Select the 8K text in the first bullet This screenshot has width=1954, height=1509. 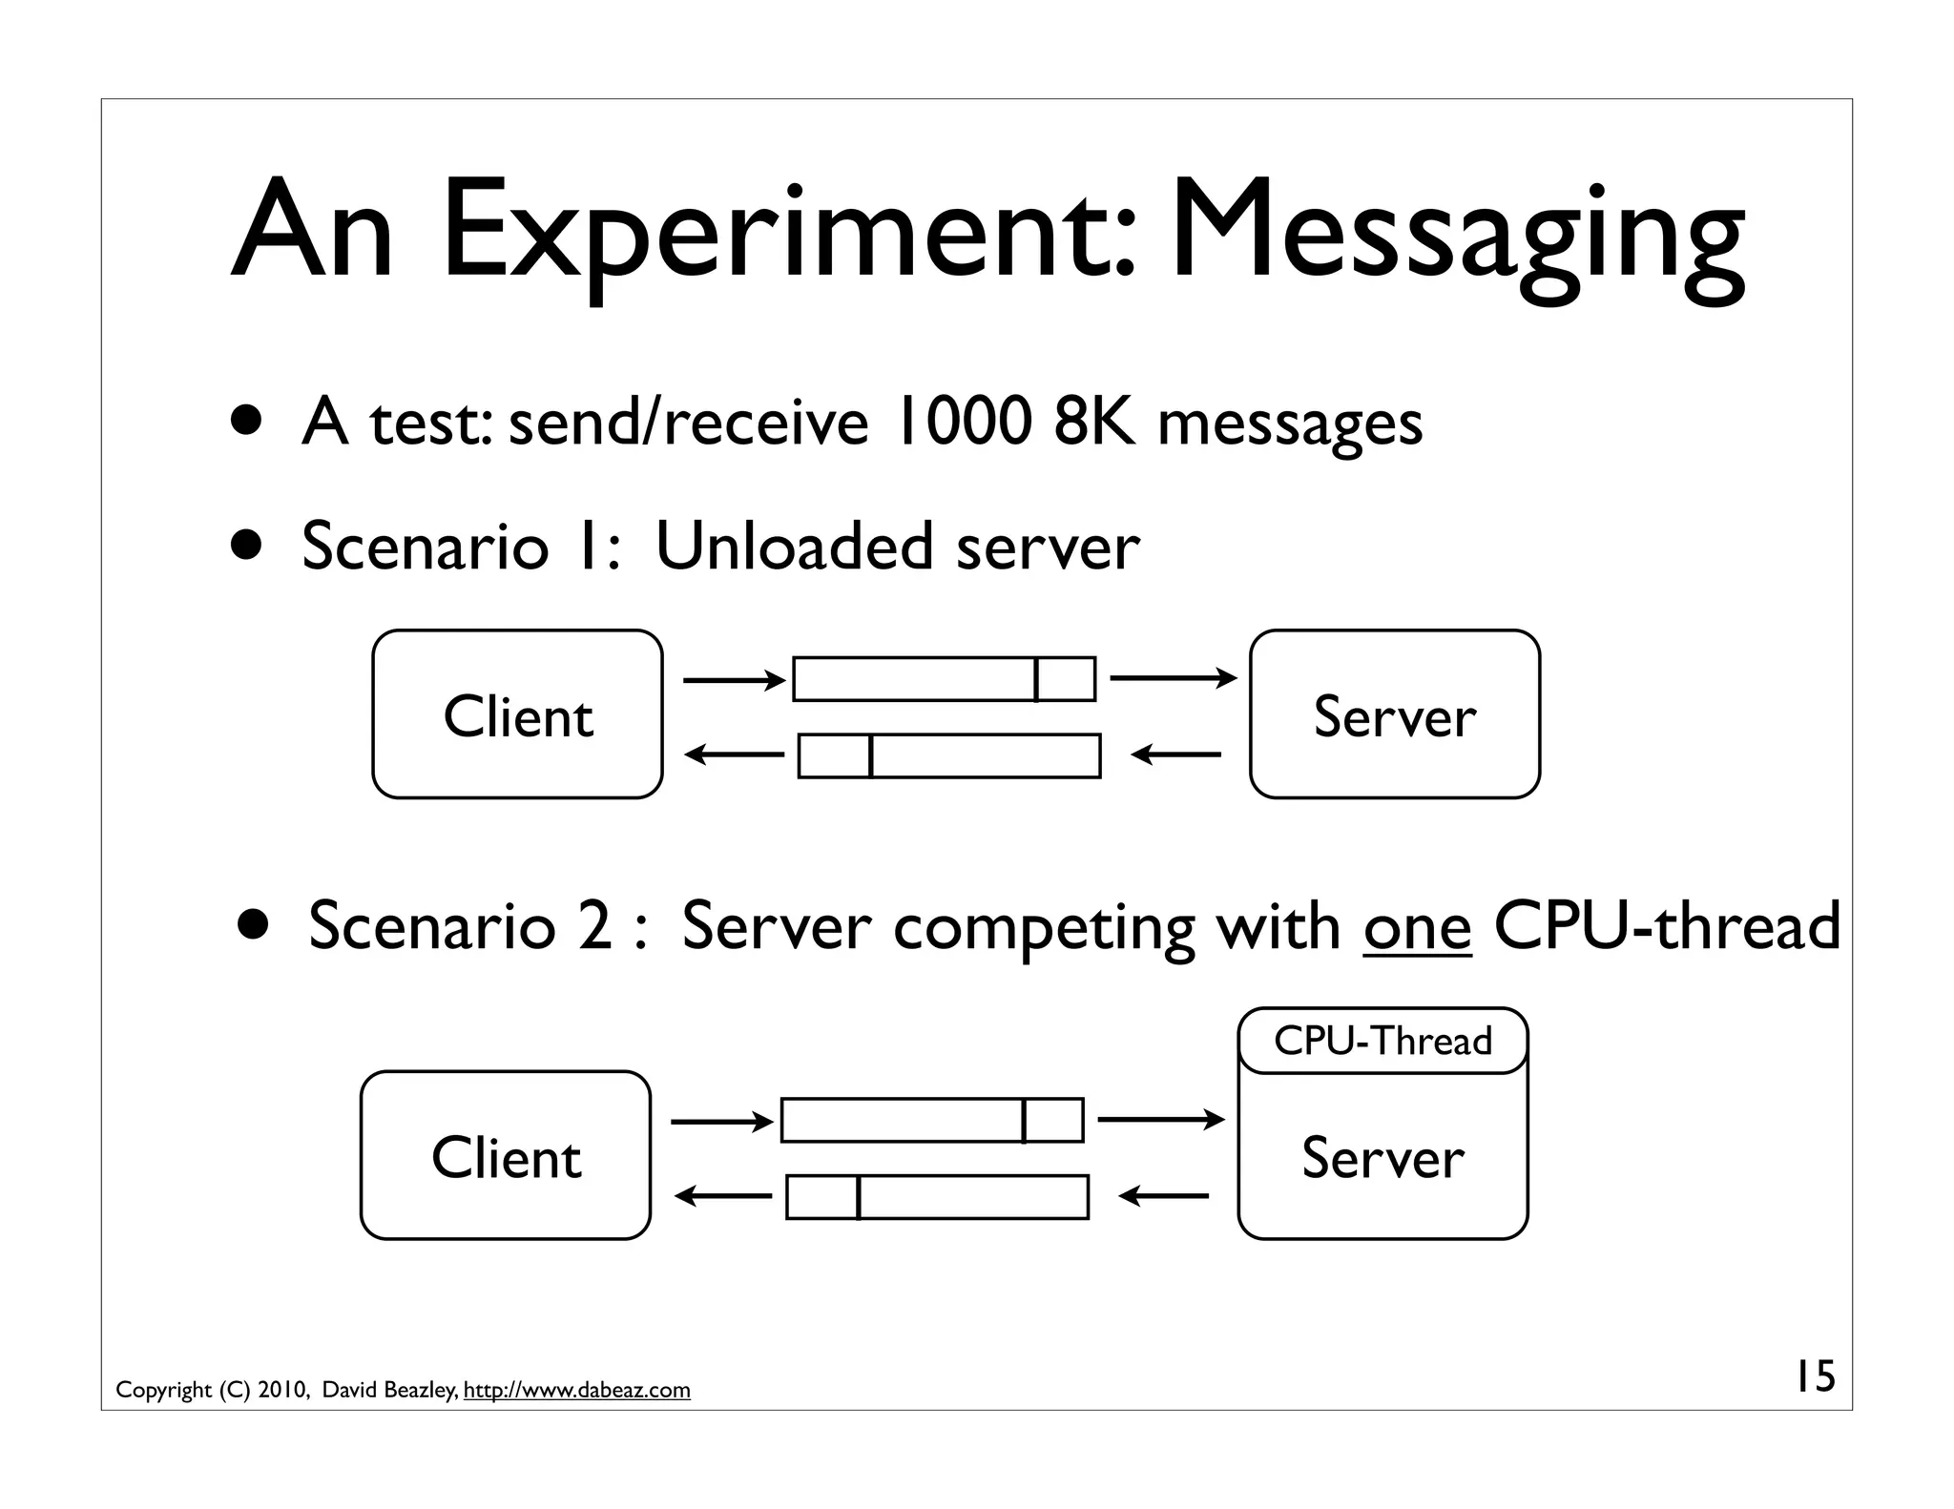coord(1095,422)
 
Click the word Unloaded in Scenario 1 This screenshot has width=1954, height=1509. coord(794,547)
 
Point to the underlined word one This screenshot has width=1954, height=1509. coord(1418,926)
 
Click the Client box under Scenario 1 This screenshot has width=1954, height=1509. coord(517,714)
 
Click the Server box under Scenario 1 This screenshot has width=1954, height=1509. coord(1394,714)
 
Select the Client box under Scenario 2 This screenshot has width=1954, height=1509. coord(506,1155)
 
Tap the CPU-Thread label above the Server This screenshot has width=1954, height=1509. coord(1382,1041)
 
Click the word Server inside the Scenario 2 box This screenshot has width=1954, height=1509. coord(1382,1158)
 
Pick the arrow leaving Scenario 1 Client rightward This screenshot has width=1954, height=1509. coord(734,680)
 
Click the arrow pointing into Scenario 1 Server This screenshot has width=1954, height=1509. coord(1173,678)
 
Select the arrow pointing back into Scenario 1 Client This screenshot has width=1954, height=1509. coord(734,755)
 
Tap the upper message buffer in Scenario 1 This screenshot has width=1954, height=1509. coord(944,679)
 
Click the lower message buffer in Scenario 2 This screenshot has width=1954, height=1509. coord(937,1197)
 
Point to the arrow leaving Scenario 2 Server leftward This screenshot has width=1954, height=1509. coord(1163,1196)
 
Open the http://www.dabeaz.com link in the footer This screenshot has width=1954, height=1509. coord(576,1390)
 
